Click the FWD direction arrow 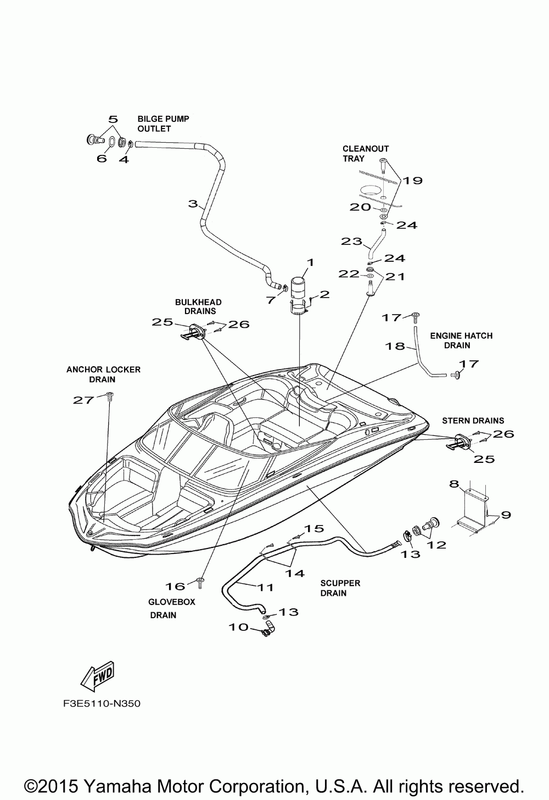pos(99,676)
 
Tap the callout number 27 pos(83,400)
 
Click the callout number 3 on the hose pos(192,204)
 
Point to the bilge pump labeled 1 pos(299,291)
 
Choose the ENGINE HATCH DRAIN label pos(461,340)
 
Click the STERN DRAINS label pos(473,421)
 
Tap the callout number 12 pos(437,545)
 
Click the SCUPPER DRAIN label pos(340,588)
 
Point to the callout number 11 pos(266,587)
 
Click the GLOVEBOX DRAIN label pos(171,608)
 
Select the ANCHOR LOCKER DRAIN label pos(103,374)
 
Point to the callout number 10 pos(239,627)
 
